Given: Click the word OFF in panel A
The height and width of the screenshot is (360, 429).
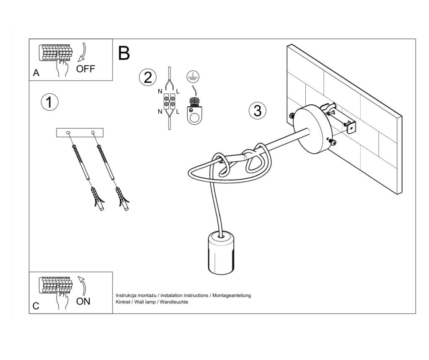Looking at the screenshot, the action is (85, 69).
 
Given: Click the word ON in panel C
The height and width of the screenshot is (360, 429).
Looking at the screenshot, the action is (83, 301).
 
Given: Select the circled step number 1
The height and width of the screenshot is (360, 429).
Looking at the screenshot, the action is (49, 102).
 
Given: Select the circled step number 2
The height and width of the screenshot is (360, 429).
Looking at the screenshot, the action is (148, 77).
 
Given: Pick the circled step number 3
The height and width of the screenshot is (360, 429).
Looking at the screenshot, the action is (258, 111).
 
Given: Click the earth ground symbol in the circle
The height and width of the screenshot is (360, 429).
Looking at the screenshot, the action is (193, 77).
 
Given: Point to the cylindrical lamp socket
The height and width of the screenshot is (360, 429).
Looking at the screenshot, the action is (221, 253).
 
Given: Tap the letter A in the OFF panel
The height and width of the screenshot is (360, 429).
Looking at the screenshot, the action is (36, 73).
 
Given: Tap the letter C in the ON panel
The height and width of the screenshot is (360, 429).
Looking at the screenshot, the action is (36, 306).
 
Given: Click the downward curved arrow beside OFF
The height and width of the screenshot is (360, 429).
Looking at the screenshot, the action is (83, 52).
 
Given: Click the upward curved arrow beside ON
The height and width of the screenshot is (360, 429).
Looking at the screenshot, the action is (83, 285).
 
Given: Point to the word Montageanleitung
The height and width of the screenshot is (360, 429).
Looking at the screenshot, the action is (231, 296).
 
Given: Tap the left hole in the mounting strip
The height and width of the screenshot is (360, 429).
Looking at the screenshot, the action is (68, 133).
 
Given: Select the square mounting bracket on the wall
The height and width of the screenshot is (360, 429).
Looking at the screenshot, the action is (351, 127).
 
